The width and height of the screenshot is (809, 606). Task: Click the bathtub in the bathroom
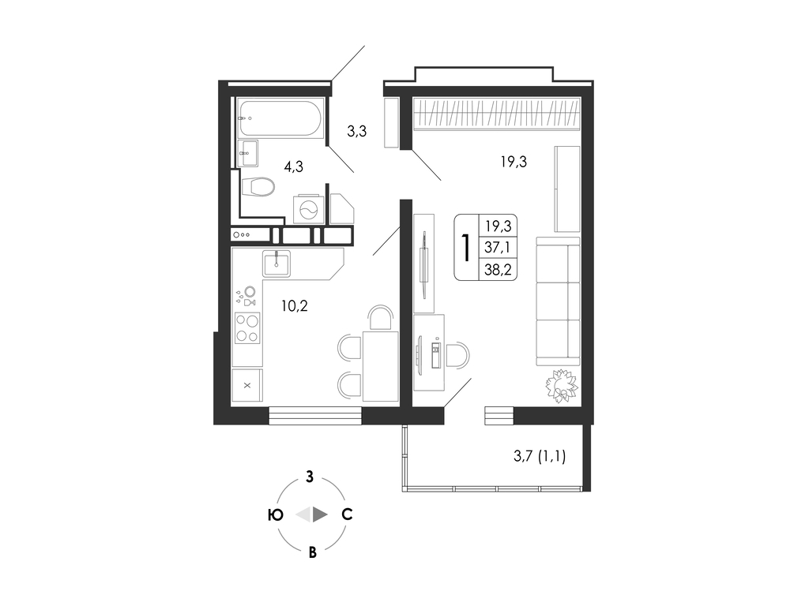click(x=280, y=118)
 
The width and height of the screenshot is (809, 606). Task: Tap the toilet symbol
click(x=258, y=186)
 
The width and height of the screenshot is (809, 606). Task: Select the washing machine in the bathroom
click(x=309, y=209)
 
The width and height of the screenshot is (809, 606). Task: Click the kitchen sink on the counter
click(x=276, y=264)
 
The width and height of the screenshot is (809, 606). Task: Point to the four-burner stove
click(x=247, y=328)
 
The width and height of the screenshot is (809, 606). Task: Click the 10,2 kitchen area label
click(x=294, y=306)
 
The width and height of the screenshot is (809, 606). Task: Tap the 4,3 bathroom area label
click(x=293, y=166)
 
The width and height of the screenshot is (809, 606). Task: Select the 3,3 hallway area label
click(x=356, y=132)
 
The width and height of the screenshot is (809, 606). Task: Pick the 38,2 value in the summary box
click(x=498, y=270)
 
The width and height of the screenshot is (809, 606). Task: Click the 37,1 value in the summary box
click(x=498, y=248)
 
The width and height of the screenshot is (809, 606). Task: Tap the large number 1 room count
click(x=466, y=247)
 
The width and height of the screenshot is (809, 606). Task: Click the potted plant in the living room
click(x=562, y=386)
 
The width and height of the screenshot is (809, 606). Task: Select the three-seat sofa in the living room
click(x=559, y=301)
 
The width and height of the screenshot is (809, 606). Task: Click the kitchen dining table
click(x=381, y=366)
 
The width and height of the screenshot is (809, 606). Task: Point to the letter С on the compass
click(x=348, y=514)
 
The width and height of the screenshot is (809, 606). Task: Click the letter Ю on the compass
click(x=276, y=514)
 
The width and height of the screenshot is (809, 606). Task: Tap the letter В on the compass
click(x=312, y=553)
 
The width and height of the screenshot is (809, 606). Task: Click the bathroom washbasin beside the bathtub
click(x=248, y=153)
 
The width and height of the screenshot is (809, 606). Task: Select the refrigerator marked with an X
click(x=247, y=385)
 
